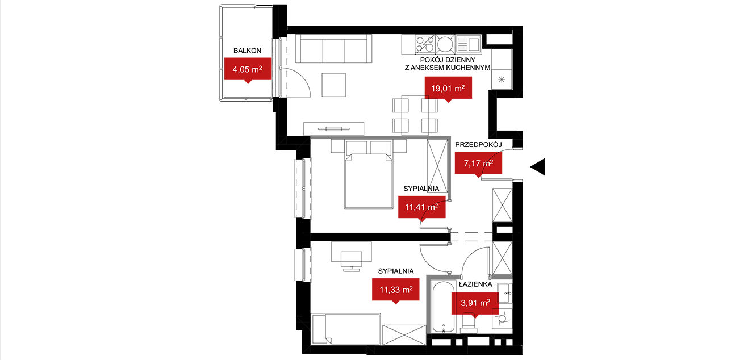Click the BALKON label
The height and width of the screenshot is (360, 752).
(x=247, y=51)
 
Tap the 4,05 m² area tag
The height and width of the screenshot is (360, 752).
(x=248, y=69)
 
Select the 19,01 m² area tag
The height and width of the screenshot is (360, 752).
(x=448, y=89)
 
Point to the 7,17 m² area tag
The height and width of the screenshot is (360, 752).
(x=478, y=164)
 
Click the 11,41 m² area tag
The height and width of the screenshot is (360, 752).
(x=421, y=207)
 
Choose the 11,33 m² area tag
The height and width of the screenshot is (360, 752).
(x=396, y=290)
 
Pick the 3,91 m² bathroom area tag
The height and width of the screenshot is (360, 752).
(x=475, y=303)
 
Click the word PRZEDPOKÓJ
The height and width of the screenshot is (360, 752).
(x=478, y=145)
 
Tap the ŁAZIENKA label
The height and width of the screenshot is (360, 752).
(x=475, y=284)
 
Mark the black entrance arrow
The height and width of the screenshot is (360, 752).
(x=538, y=167)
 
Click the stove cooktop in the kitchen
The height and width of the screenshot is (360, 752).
(x=425, y=44)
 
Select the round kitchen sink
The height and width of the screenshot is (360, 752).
(x=445, y=44)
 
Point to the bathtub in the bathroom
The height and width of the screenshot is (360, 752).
(x=444, y=307)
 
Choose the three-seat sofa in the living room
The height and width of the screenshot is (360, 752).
(x=334, y=49)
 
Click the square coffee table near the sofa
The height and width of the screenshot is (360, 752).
(x=334, y=85)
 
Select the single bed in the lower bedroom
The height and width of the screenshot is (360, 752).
(x=346, y=329)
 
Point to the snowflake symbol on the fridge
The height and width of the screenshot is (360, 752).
(x=502, y=79)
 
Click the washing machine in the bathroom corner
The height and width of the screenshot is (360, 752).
(x=502, y=319)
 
